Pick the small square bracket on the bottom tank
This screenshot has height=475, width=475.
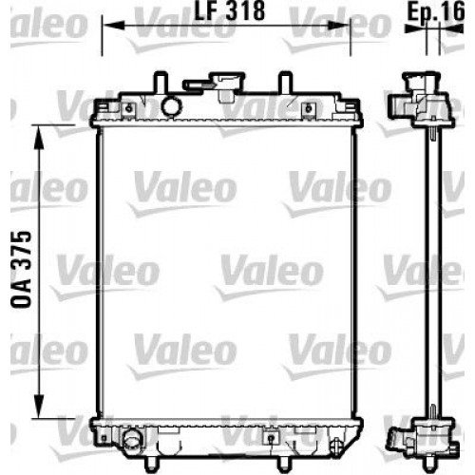click(x=272, y=439)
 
